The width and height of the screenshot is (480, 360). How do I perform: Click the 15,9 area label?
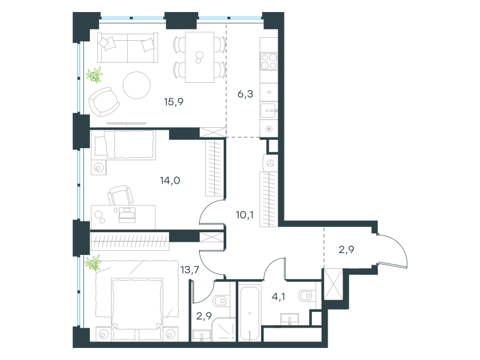click(x=173, y=101)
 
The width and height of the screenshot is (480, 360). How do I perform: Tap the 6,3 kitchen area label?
click(x=245, y=94)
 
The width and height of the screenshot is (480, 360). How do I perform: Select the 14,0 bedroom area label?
click(x=170, y=181)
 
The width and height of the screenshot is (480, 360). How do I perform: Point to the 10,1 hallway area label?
click(x=245, y=215)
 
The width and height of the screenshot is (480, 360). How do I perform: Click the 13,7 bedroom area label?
click(x=190, y=269)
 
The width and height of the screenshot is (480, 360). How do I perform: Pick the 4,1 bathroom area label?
click(x=278, y=296)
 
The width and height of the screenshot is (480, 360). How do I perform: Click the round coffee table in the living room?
click(x=137, y=85)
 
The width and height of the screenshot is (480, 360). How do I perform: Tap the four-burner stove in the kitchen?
click(x=269, y=61)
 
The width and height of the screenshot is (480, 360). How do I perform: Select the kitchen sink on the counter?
click(x=269, y=110)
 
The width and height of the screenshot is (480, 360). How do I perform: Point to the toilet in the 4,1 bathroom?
click(x=306, y=295)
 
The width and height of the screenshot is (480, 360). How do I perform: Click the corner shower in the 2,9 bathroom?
click(x=224, y=329)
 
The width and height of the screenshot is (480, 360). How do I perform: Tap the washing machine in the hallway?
click(x=270, y=163)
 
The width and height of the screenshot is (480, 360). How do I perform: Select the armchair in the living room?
click(x=104, y=101)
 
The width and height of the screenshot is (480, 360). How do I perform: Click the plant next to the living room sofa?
click(x=94, y=74)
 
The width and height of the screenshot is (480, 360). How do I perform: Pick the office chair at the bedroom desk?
click(x=121, y=196)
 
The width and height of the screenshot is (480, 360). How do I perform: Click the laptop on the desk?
click(x=127, y=214)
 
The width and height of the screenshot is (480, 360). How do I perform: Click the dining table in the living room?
click(x=200, y=57)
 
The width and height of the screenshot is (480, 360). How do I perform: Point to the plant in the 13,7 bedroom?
click(x=93, y=263)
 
